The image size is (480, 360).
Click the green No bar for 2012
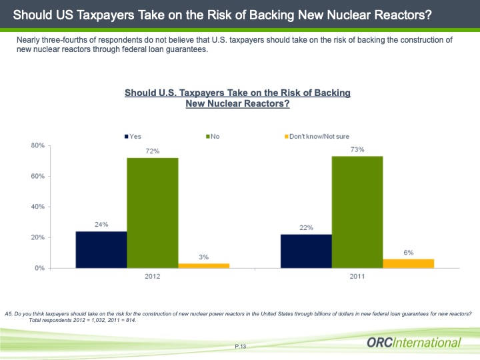[152, 213]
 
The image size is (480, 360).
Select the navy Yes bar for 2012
[101, 249]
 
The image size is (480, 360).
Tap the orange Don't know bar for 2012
[203, 265]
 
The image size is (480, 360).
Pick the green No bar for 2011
[357, 212]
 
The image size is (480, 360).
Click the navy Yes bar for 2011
[306, 251]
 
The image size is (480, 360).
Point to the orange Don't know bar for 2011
[408, 263]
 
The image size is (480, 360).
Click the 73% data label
[357, 150]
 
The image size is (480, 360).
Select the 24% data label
[101, 225]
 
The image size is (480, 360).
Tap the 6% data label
[408, 252]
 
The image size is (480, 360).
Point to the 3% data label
[203, 257]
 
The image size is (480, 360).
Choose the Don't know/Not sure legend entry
[316, 137]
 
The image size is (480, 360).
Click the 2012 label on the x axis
[152, 276]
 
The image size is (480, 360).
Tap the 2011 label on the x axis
[357, 276]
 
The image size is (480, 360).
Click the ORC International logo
[413, 343]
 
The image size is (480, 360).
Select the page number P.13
[241, 346]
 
